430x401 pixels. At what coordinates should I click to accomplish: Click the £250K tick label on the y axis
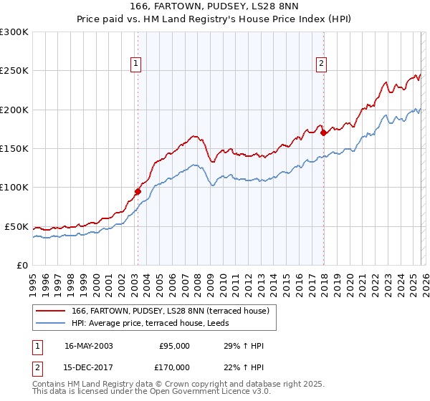click(14, 71)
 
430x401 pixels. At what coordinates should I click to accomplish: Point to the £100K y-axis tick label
click(14, 188)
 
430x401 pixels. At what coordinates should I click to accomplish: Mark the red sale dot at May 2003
click(138, 191)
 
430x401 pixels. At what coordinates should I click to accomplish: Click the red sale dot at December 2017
click(323, 132)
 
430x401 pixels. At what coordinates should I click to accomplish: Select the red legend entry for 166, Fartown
click(170, 311)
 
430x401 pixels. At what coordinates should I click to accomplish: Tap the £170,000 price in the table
click(174, 367)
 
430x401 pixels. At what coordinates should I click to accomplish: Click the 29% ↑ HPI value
click(244, 346)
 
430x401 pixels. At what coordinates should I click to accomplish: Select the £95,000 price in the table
click(174, 346)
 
